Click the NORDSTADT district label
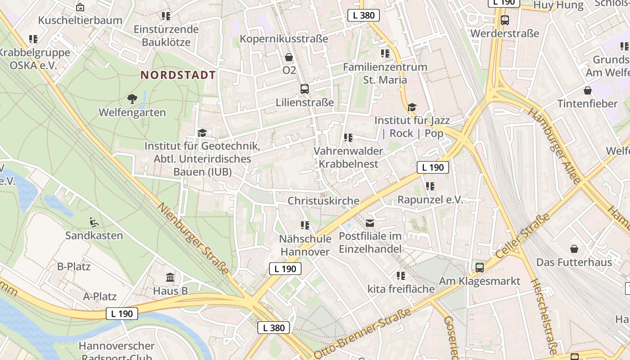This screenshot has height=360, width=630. tap(178, 75)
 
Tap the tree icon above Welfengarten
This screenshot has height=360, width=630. tap(132, 99)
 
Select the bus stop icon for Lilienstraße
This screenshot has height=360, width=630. tap(305, 89)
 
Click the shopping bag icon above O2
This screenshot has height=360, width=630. tap(289, 57)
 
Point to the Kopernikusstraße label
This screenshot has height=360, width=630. tap(284, 39)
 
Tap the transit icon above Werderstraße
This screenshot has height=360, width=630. tap(504, 20)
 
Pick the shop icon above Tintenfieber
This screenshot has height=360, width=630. tap(587, 90)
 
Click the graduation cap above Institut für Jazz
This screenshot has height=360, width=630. tap(412, 107)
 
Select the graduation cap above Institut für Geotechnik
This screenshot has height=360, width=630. tap(202, 133)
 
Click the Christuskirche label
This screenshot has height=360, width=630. tap(324, 201)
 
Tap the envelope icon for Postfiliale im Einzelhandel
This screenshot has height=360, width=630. tap(370, 223)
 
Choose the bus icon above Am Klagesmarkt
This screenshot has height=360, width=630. tap(480, 268)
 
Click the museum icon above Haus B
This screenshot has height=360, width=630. tap(170, 277)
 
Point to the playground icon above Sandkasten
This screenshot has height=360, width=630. tap(94, 222)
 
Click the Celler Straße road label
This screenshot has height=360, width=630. tap(523, 236)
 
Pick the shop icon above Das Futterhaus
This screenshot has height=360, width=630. tap(574, 249)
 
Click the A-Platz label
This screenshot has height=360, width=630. tap(100, 297)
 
